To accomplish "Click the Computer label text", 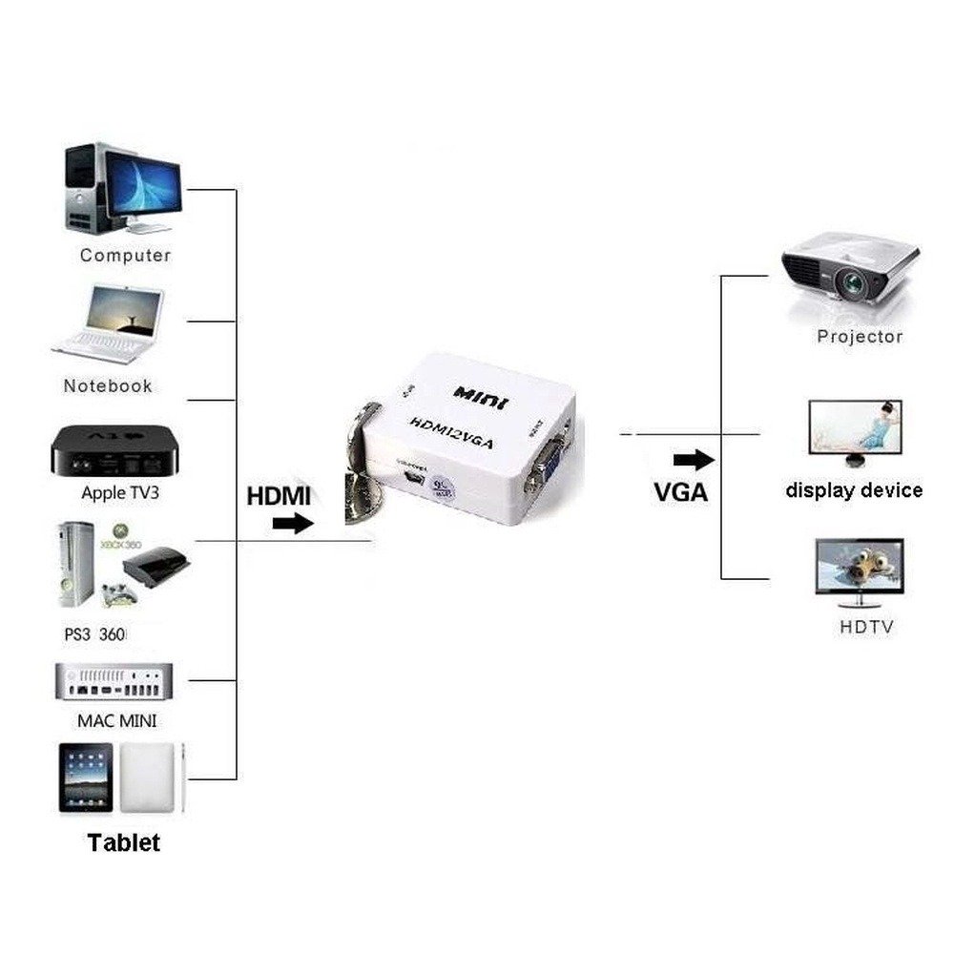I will click(x=125, y=255).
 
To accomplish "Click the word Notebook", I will click(x=108, y=386).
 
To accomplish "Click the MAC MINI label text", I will click(x=117, y=720).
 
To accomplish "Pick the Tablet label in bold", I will click(x=124, y=842).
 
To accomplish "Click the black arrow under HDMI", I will click(x=293, y=523).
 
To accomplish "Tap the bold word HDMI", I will click(x=279, y=496).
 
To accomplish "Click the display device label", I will click(x=854, y=490).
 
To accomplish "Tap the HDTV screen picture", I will click(x=859, y=569).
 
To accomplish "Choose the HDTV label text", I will click(x=866, y=628).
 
